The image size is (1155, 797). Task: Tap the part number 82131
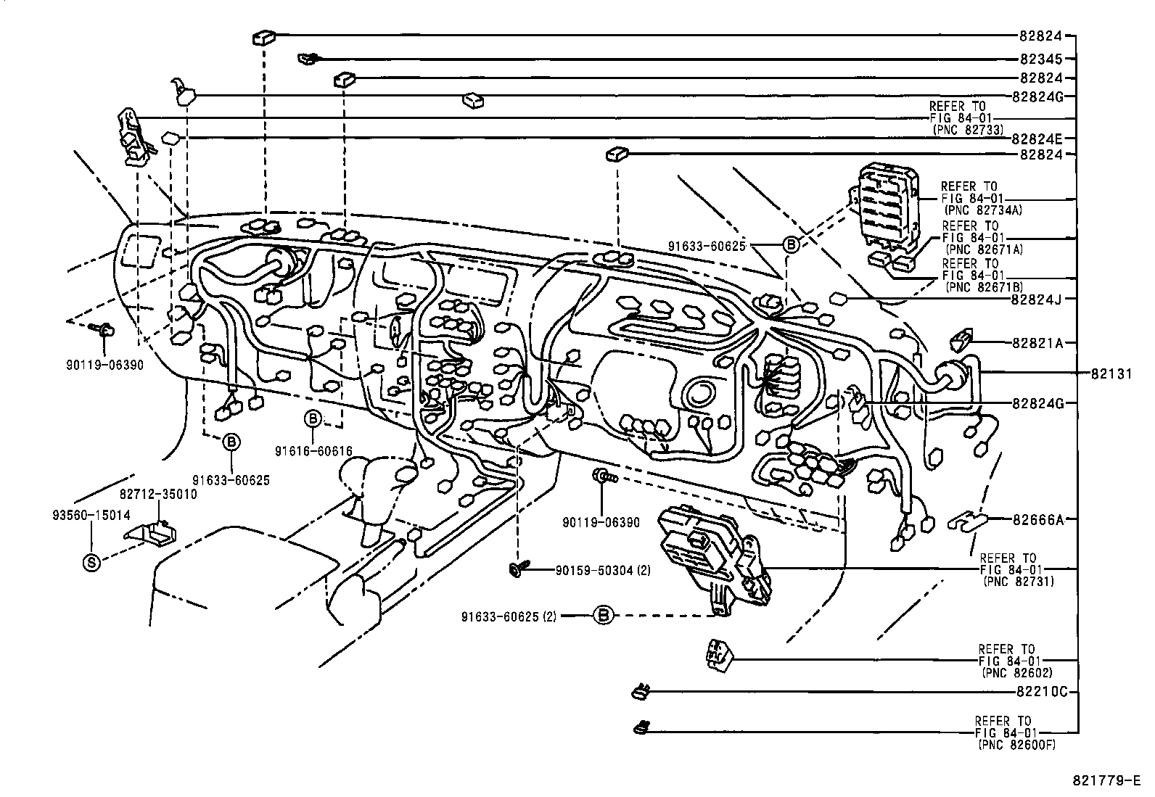1110,373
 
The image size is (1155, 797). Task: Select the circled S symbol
91,562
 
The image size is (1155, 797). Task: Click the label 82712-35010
157,493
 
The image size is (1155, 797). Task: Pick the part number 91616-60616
313,451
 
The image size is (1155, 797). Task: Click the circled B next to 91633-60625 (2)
603,616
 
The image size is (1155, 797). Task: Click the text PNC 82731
1018,582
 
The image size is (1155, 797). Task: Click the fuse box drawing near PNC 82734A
887,203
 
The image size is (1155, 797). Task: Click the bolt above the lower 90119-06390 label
601,476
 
